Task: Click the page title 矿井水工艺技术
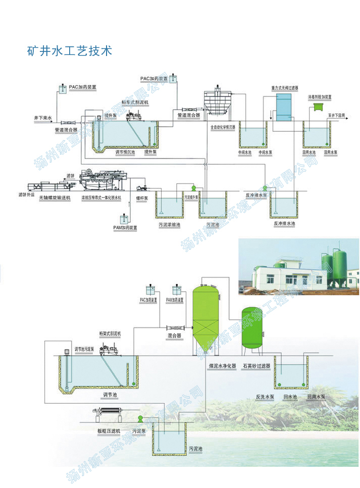coord(70,51)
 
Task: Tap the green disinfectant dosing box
coord(319,106)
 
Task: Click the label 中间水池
coord(244,151)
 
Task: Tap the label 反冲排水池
coord(283,223)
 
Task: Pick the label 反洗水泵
coord(265,397)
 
